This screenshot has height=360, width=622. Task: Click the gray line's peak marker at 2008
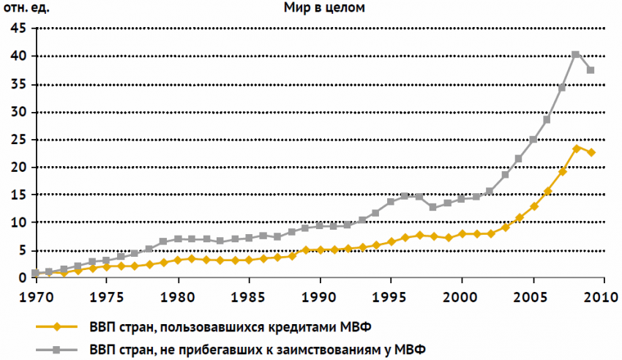(x=576, y=54)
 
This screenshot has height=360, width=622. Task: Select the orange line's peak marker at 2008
(x=576, y=149)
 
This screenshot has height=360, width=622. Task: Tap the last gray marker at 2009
(x=591, y=70)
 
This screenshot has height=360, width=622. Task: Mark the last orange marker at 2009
(x=591, y=152)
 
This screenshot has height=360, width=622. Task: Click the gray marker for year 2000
(x=462, y=198)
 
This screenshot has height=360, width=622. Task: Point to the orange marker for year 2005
(x=533, y=206)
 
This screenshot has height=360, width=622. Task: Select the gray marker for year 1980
(x=177, y=239)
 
